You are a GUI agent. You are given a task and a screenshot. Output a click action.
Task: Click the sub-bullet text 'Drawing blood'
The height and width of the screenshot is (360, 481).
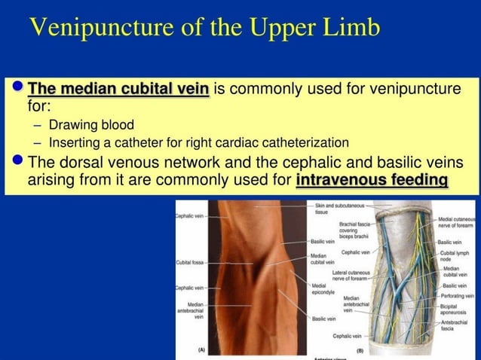point(91,125)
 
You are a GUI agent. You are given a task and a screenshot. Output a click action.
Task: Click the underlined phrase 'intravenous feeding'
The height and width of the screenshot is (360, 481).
point(372,181)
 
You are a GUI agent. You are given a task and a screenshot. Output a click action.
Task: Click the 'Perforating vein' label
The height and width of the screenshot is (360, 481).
point(458,297)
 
